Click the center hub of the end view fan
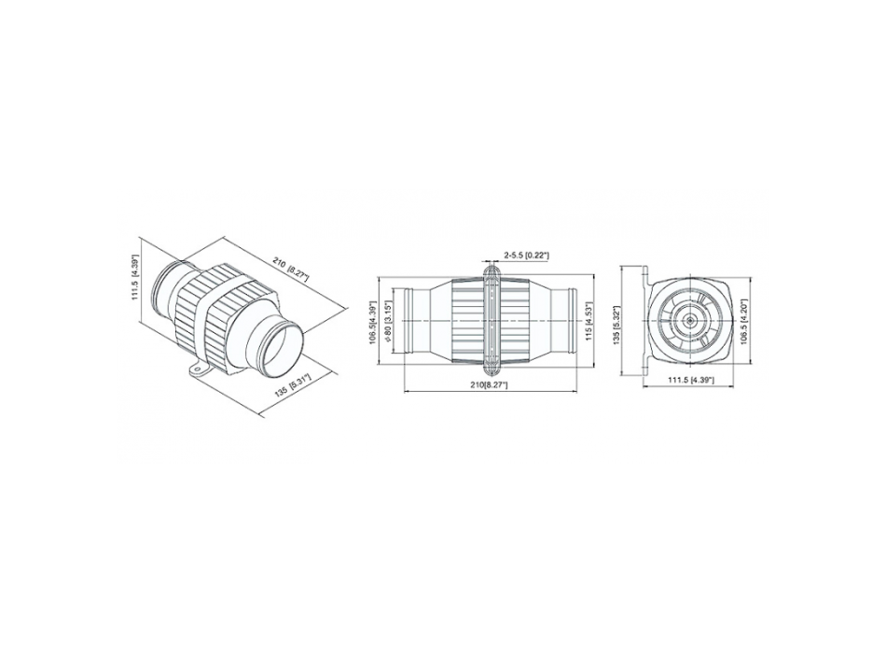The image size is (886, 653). click(691, 320)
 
